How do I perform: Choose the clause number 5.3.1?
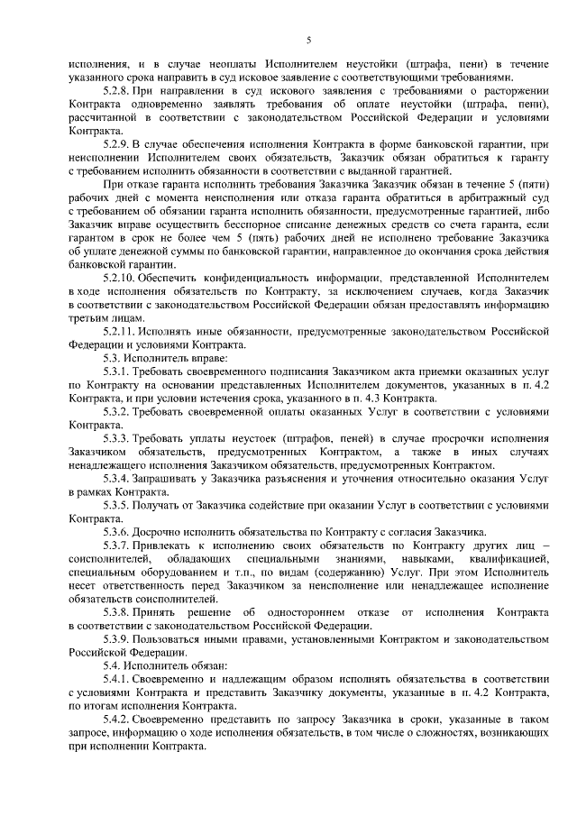[x=117, y=371]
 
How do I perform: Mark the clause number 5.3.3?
[x=117, y=437]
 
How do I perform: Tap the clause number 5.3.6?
[x=117, y=532]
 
